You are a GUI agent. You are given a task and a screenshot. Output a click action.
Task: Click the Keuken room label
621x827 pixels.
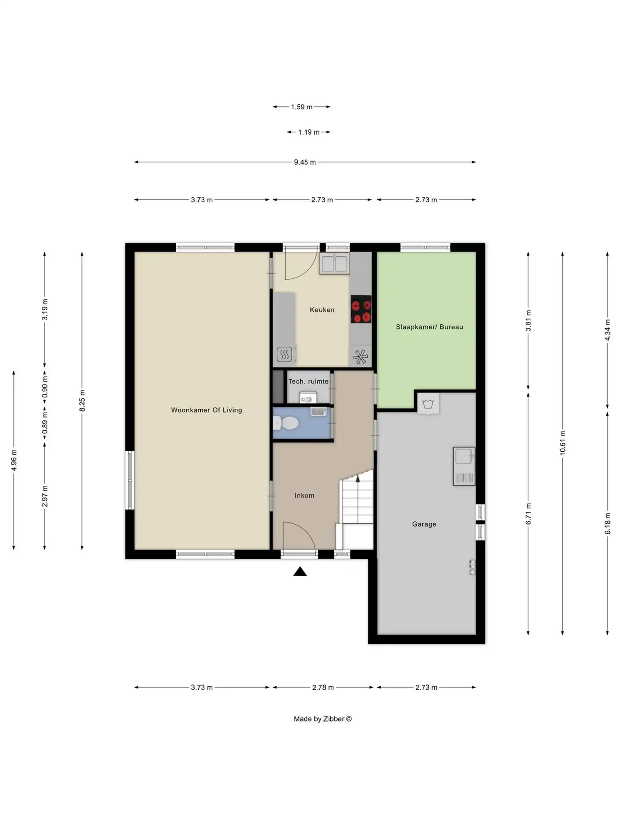click(322, 310)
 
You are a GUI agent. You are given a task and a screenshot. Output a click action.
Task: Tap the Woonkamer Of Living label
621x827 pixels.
click(206, 410)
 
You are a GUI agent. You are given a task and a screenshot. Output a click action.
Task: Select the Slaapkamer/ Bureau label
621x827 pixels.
click(429, 327)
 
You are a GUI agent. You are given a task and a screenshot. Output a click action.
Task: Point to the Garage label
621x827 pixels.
click(424, 524)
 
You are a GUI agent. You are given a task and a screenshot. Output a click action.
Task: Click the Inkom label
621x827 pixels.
click(304, 496)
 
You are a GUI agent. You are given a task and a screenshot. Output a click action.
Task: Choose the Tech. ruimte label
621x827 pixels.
click(308, 382)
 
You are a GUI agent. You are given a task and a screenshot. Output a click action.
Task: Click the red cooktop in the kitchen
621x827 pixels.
click(361, 309)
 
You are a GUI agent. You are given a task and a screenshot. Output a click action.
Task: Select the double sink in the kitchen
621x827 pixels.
click(334, 264)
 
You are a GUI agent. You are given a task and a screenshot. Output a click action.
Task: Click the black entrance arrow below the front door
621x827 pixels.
click(300, 571)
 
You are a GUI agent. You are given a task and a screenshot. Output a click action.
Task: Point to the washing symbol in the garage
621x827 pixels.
click(428, 404)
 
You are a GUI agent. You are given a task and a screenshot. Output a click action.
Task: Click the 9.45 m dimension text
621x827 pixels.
click(305, 162)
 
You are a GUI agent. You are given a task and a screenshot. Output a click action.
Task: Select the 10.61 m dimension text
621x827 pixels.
click(563, 443)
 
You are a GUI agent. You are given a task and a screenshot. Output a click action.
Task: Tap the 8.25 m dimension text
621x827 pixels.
click(82, 401)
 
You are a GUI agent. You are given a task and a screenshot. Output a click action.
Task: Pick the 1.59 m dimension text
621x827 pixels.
click(302, 107)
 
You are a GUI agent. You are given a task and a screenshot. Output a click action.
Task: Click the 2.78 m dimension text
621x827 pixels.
click(323, 687)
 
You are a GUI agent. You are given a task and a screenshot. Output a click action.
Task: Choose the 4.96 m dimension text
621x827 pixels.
click(14, 460)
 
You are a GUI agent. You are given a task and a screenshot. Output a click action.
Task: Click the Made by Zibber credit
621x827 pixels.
click(323, 719)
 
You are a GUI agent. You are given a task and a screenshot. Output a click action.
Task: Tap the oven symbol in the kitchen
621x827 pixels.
click(284, 354)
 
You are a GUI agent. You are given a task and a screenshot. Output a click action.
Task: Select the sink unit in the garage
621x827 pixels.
click(464, 466)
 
